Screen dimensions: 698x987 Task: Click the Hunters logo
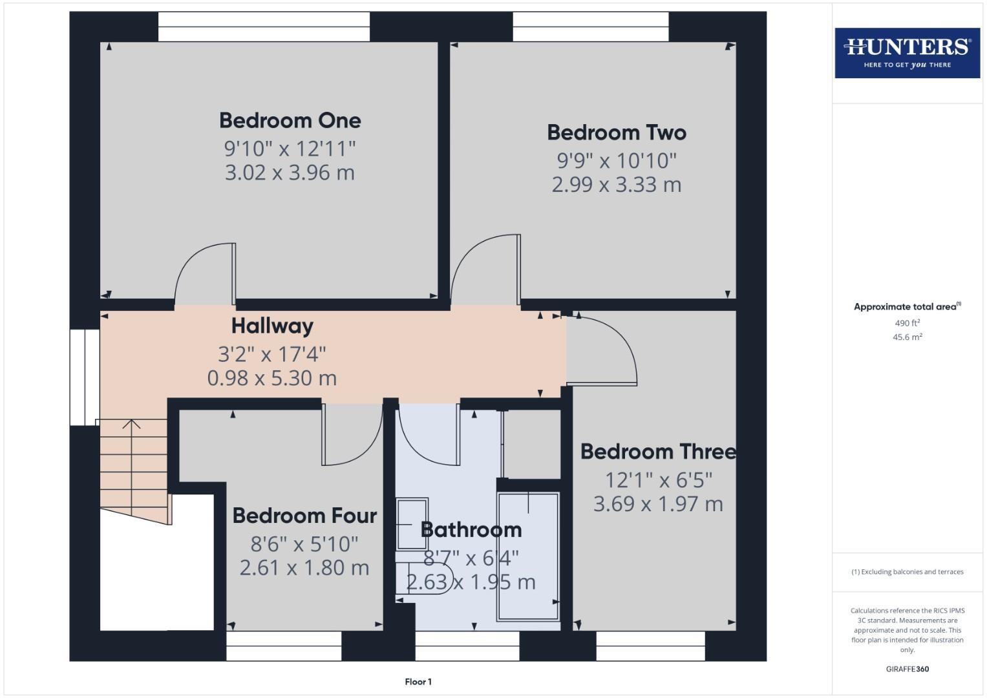click(x=907, y=52)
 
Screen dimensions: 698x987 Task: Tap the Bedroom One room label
click(x=290, y=120)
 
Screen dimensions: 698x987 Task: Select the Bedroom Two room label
click(x=616, y=132)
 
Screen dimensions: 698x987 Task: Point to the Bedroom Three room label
click(x=658, y=451)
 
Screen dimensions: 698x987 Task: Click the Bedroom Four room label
click(x=304, y=516)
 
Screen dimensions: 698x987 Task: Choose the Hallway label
click(x=272, y=326)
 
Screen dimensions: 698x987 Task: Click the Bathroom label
click(x=471, y=530)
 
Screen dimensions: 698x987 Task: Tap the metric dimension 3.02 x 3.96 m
click(x=290, y=173)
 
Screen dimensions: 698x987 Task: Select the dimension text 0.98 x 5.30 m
click(x=272, y=378)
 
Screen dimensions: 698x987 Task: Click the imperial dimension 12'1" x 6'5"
click(x=658, y=480)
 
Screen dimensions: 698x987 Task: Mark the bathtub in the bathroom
click(x=527, y=556)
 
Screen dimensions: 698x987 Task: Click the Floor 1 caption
click(x=418, y=681)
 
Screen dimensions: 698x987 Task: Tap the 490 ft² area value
click(x=907, y=323)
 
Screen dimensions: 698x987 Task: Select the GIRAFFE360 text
click(x=907, y=669)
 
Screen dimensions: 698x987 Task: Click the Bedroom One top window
click(x=264, y=26)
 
